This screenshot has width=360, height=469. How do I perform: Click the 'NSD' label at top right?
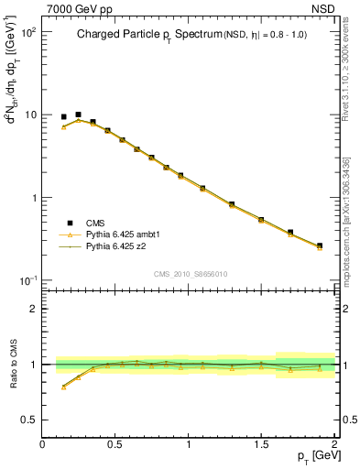[322, 8]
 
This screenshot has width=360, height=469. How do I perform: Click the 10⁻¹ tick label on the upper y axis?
[27, 280]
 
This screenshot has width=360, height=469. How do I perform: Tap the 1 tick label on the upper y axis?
[35, 198]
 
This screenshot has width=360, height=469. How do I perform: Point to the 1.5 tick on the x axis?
[261, 444]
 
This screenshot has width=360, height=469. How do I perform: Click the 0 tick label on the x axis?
[42, 444]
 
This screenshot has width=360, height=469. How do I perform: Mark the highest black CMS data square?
[78, 115]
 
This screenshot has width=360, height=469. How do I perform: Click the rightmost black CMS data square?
[320, 245]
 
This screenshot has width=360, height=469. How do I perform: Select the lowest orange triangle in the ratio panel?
[63, 387]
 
